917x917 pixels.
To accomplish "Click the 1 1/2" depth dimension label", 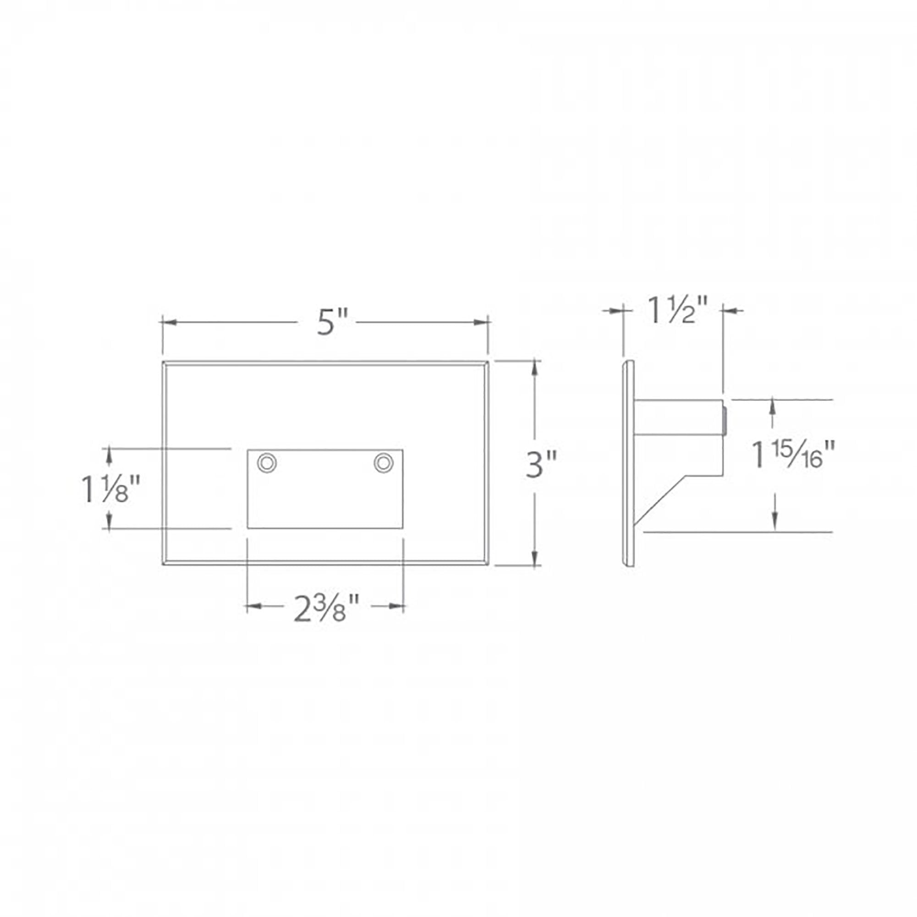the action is (677, 310).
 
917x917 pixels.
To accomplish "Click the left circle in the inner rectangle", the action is (267, 463).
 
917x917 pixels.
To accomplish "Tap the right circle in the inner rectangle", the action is (383, 463).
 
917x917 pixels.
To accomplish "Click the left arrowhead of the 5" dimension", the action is (170, 322).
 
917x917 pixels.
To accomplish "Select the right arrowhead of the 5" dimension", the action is (481, 322).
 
